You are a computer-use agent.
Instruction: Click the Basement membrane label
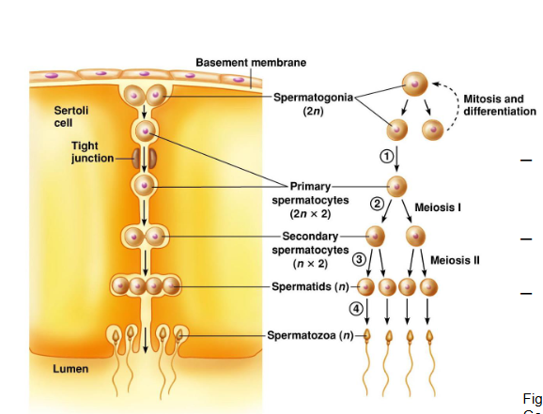pyautogui.click(x=250, y=62)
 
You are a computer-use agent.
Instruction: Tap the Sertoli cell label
pyautogui.click(x=71, y=116)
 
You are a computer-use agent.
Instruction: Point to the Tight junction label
pyautogui.click(x=92, y=151)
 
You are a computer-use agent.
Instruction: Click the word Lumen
pyautogui.click(x=70, y=369)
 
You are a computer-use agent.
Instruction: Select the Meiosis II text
pyautogui.click(x=456, y=260)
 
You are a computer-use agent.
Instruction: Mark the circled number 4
pyautogui.click(x=355, y=309)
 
